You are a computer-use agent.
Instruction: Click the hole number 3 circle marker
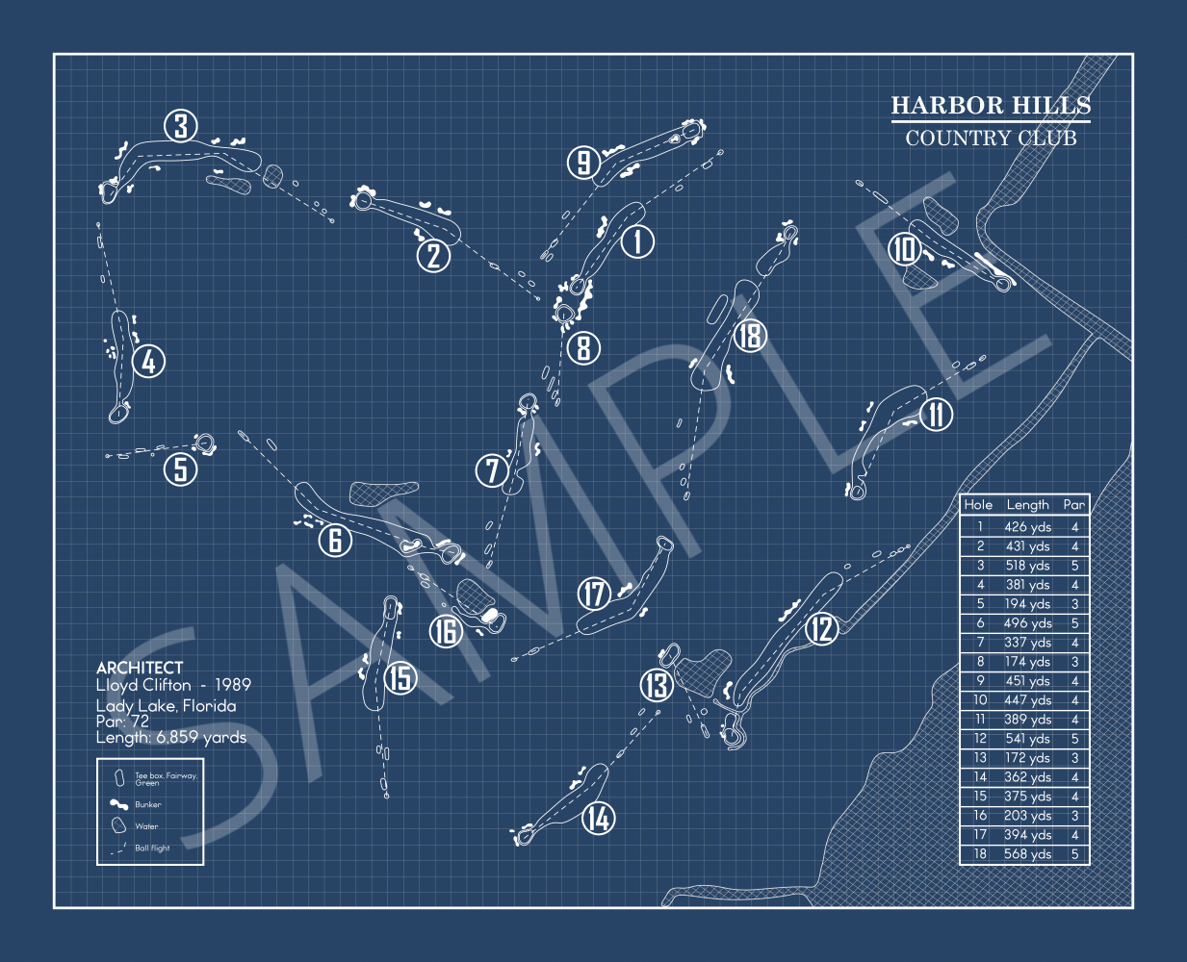pos(180,125)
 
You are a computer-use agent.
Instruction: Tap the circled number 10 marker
pos(905,249)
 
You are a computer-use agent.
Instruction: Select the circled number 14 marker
pos(598,819)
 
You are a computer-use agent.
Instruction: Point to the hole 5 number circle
pos(180,469)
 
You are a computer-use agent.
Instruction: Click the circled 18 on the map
pos(749,335)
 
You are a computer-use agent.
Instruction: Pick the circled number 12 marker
pos(820,629)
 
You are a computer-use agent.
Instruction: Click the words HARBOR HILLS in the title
pos(991,105)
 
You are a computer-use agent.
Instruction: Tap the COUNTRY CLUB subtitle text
pos(991,138)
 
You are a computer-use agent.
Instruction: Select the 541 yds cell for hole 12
pos(1027,739)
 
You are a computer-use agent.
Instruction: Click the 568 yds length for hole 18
pos(1027,854)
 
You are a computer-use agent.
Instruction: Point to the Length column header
pos(1027,504)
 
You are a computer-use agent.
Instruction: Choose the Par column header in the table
pos(1074,504)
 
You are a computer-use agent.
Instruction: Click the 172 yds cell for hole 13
pos(1027,758)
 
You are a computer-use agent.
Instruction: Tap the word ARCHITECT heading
pos(140,668)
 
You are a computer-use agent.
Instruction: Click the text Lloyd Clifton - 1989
pos(173,685)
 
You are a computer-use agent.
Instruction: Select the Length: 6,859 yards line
pos(171,738)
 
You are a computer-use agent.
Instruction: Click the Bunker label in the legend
pos(148,804)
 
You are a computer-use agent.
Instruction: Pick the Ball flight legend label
pos(152,848)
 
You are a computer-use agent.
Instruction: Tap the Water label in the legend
pos(146,826)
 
